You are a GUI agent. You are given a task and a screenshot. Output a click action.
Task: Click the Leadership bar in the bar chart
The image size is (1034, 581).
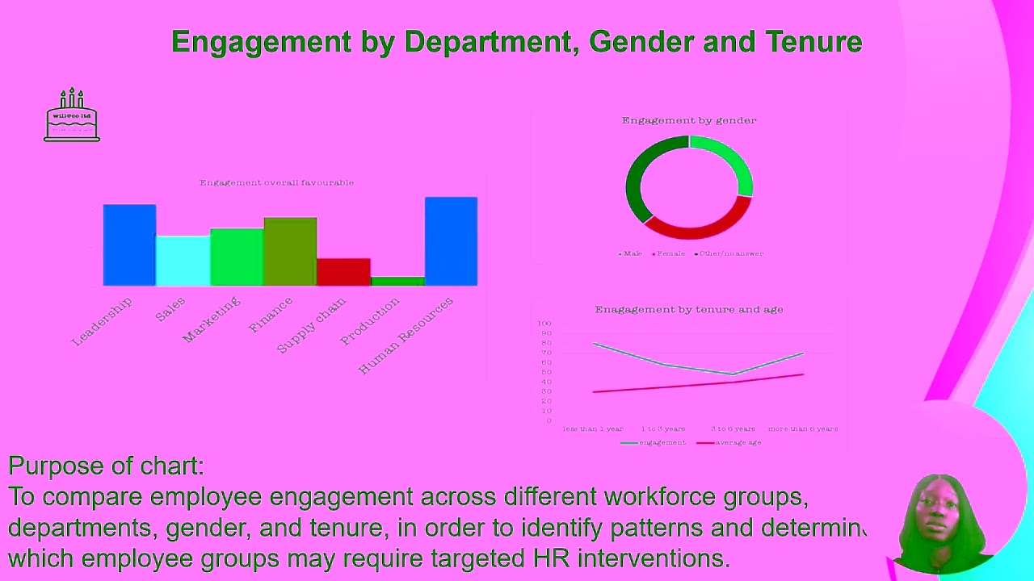click(129, 245)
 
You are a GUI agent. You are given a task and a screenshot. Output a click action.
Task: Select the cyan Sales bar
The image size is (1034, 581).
click(183, 261)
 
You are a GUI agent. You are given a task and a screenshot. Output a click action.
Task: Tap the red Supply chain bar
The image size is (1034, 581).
click(343, 272)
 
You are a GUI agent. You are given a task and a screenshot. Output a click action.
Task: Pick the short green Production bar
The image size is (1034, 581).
click(397, 281)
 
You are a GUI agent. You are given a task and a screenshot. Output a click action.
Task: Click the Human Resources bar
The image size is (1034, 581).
click(451, 241)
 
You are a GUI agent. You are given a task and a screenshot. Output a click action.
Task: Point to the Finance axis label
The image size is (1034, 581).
click(271, 315)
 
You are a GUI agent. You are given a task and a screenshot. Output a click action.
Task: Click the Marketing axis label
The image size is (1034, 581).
click(212, 320)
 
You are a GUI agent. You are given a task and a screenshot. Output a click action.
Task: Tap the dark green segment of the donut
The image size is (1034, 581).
click(638, 178)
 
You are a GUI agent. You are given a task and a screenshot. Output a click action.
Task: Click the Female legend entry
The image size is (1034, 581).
click(670, 253)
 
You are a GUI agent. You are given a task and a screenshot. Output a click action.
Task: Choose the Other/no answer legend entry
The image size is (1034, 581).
click(729, 253)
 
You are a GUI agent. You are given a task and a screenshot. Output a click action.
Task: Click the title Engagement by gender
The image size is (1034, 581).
click(689, 120)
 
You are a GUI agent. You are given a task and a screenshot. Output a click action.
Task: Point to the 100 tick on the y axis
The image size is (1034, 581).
click(544, 324)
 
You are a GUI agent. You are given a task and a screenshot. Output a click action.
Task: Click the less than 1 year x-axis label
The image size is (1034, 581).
click(593, 428)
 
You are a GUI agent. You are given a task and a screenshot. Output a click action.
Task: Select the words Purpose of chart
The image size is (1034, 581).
click(106, 466)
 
